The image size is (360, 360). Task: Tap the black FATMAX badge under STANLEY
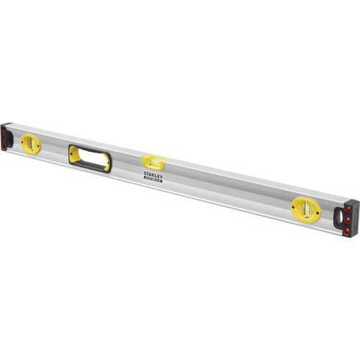[153, 180]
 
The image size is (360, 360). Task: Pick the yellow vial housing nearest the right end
[305, 209]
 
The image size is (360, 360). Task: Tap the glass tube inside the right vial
[306, 209]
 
